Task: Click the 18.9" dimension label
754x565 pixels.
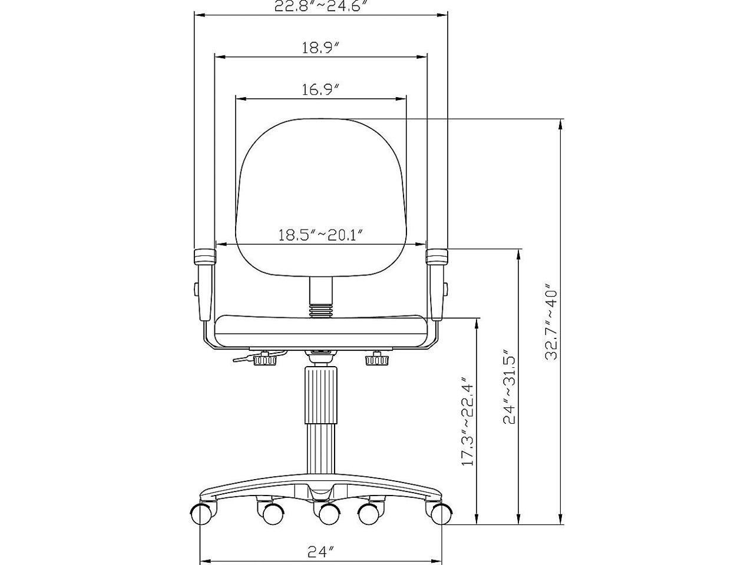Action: coord(320,48)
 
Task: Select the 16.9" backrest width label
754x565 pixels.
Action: coord(320,89)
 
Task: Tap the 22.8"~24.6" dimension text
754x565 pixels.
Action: coord(319,6)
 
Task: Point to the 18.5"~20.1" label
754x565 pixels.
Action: coord(320,235)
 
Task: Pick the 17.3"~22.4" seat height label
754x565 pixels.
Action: coord(468,421)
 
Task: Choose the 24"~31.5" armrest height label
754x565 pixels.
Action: coord(510,387)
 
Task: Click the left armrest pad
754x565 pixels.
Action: coord(205,257)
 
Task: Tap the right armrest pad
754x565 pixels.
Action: coord(437,257)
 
